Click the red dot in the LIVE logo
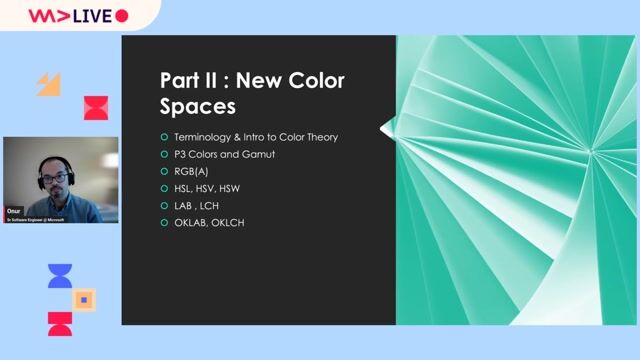[x=122, y=15]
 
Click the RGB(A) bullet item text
[x=191, y=171]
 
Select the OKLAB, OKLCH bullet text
[x=209, y=222]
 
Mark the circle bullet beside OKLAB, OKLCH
[x=164, y=222]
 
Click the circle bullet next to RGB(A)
[x=164, y=171]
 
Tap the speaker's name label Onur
[x=14, y=212]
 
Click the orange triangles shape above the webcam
[x=49, y=84]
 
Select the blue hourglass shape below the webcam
[x=60, y=276]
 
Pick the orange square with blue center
[x=85, y=299]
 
